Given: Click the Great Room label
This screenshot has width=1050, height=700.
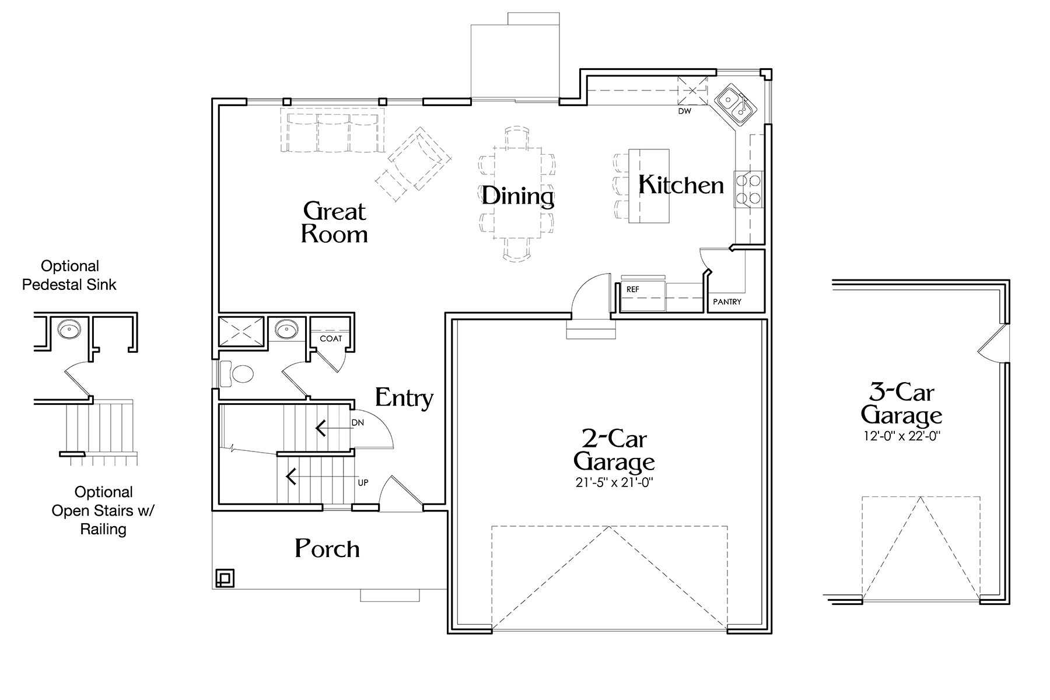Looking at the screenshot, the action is click(x=335, y=222).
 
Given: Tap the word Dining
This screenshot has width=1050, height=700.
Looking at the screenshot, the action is click(x=517, y=196).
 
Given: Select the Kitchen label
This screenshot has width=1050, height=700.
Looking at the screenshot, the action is click(x=681, y=184).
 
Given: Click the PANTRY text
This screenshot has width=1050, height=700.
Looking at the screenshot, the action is click(x=727, y=302).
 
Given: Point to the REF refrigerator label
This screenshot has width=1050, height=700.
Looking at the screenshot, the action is click(x=633, y=289).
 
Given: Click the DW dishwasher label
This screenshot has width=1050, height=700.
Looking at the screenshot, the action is click(x=684, y=111).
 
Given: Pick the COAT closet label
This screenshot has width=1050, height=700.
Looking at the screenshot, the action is click(x=331, y=338).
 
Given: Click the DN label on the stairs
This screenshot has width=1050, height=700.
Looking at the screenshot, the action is click(x=358, y=422).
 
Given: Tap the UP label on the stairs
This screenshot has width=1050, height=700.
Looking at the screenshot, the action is click(x=363, y=483).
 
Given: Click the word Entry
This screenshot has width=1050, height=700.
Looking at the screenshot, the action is click(x=404, y=398).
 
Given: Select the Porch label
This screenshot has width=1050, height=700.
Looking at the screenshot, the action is click(x=327, y=548).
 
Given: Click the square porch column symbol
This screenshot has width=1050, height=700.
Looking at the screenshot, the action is click(x=225, y=577).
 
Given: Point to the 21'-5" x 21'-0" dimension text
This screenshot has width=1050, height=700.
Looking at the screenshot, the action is click(x=614, y=482).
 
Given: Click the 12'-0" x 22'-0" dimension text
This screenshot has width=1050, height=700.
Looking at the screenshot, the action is click(x=901, y=436).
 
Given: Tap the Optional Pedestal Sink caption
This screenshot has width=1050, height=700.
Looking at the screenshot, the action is click(x=69, y=275).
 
